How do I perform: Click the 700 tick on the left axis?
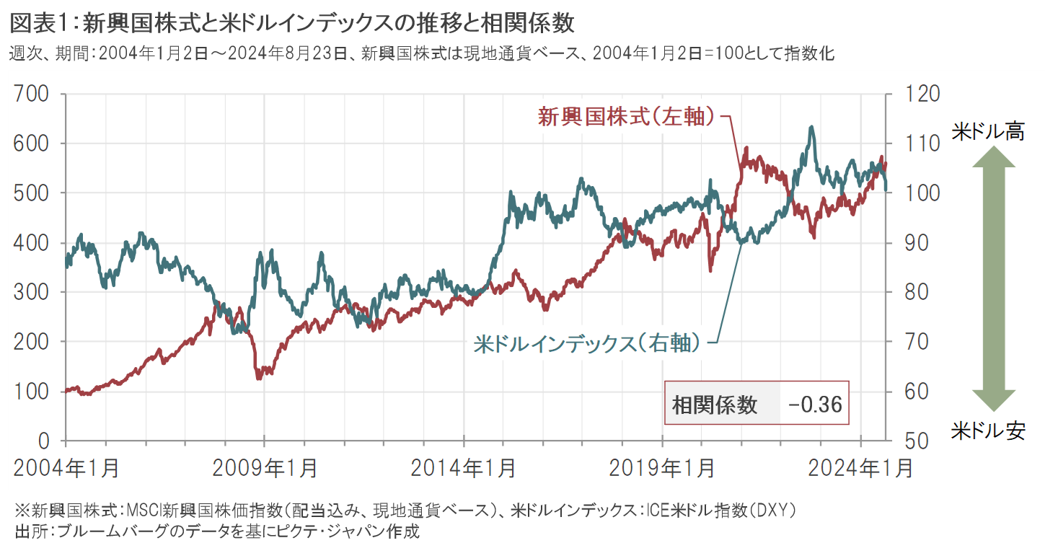32,94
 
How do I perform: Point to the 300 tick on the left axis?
32,292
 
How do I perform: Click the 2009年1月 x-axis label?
265,468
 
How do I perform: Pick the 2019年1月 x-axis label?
662,468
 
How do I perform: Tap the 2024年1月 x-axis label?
861,468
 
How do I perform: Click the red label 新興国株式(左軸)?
627,116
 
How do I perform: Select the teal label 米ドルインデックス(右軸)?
587,343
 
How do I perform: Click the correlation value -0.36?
815,405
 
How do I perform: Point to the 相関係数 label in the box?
715,405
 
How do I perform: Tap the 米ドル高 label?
993,131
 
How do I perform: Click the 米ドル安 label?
993,431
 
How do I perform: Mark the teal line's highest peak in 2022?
812,128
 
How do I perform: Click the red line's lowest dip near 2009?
259,378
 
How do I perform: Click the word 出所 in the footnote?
27,531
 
